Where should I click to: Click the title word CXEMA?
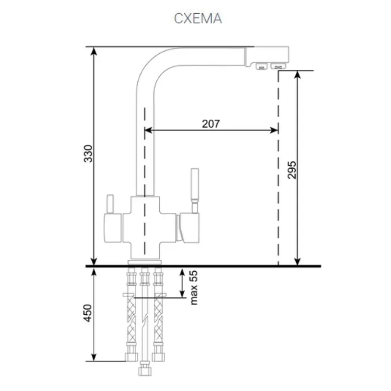pyautogui.click(x=198, y=19)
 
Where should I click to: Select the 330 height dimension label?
pyautogui.click(x=88, y=153)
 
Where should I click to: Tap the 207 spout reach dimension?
pyautogui.click(x=211, y=124)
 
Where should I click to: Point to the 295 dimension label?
pyautogui.click(x=292, y=170)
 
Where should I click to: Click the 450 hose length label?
pyautogui.click(x=87, y=313)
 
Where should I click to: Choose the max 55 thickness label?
pyautogui.click(x=194, y=287)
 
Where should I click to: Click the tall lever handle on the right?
pyautogui.click(x=195, y=190)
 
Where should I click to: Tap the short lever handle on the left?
pyautogui.click(x=110, y=204)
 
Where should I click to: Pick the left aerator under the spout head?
pyautogui.click(x=261, y=66)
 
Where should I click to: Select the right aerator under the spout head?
pyautogui.click(x=278, y=66)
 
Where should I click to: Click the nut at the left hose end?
pyautogui.click(x=131, y=357)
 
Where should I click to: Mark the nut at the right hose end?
pyautogui.click(x=158, y=357)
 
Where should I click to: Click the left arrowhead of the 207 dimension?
pyautogui.click(x=149, y=130)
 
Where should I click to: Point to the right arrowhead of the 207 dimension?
pyautogui.click(x=274, y=130)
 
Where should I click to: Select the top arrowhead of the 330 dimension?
pyautogui.click(x=94, y=51)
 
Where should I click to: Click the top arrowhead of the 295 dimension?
pyautogui.click(x=297, y=75)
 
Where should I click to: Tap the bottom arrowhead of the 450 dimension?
pyautogui.click(x=94, y=357)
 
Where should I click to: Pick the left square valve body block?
pyautogui.click(x=113, y=228)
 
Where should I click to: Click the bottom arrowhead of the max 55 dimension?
pyautogui.click(x=182, y=294)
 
